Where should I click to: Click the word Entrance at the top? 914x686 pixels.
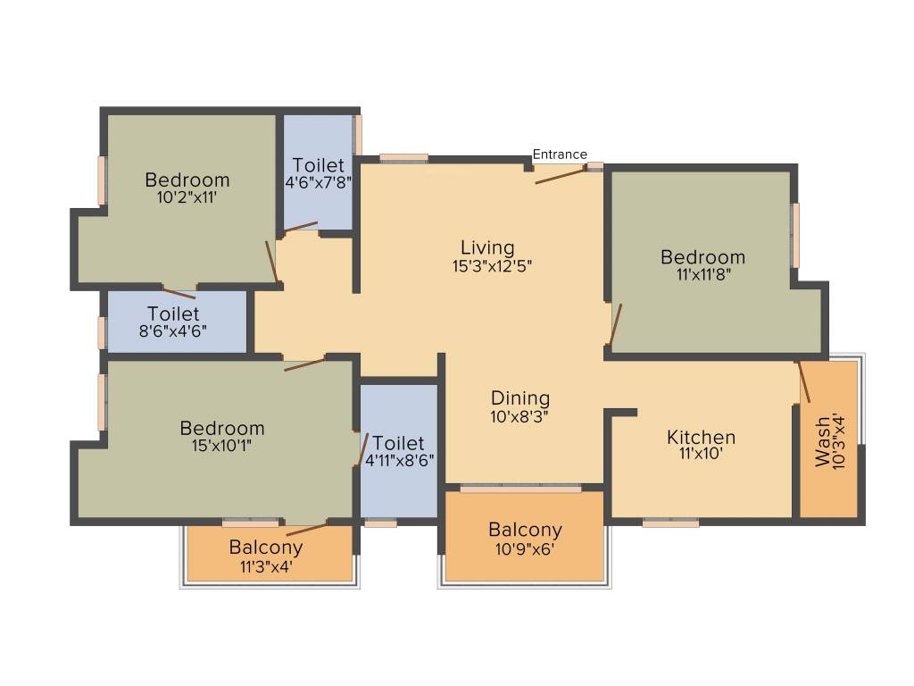[x=560, y=155]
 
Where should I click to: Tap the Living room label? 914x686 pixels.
[x=487, y=247]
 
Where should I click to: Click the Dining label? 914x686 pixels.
[x=520, y=398]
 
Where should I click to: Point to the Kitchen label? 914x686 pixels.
[x=702, y=438]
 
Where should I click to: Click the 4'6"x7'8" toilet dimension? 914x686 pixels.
[x=319, y=183]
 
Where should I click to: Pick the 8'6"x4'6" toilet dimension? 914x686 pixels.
[x=174, y=332]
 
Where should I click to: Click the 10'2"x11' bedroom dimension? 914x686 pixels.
[x=187, y=197]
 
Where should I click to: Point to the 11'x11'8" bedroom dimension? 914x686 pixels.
[x=702, y=275]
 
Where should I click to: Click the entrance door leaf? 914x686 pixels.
[x=561, y=175]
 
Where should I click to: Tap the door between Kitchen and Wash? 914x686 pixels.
[x=803, y=381]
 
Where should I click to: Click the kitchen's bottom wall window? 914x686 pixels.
[x=670, y=523]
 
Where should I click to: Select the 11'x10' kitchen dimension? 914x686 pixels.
[x=702, y=454]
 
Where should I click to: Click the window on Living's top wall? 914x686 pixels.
[x=403, y=158]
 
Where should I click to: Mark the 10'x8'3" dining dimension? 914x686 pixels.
[x=520, y=416]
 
